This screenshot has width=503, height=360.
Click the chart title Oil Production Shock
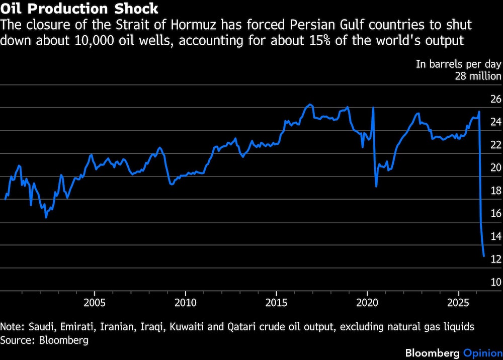(x=79, y=9)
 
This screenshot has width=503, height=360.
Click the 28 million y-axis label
(x=478, y=76)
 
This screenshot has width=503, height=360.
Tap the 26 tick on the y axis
(x=496, y=99)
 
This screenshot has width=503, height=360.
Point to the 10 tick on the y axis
(x=496, y=282)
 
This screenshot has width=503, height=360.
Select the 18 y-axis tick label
(x=496, y=191)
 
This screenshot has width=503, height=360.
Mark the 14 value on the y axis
(x=496, y=236)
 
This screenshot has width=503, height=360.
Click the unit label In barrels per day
(x=459, y=64)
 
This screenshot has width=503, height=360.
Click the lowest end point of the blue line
(x=484, y=256)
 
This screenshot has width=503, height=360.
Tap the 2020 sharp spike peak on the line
(x=373, y=108)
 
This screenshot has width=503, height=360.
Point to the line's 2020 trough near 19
(x=376, y=186)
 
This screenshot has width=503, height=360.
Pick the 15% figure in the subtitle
(x=320, y=41)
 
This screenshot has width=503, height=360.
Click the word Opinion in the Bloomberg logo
(x=483, y=353)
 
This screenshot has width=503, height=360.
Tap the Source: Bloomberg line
(x=44, y=340)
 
